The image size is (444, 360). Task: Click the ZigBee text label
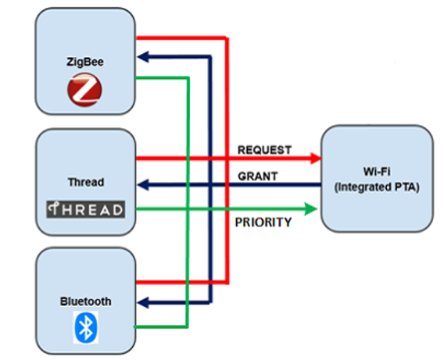[85, 62]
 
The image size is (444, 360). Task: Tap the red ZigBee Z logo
[84, 90]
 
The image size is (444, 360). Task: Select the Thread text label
[86, 182]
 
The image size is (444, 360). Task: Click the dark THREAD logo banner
[85, 209]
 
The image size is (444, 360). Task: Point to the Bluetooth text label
[85, 301]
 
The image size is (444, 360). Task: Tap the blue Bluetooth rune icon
[85, 327]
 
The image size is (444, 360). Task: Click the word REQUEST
[264, 150]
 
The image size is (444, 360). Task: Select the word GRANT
[258, 176]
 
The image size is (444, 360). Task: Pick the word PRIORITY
[263, 223]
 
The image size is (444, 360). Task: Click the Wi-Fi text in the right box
[377, 172]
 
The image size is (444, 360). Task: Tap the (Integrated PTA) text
[377, 187]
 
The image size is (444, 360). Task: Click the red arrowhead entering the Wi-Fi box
[316, 158]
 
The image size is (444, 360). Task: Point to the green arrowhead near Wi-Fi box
[310, 209]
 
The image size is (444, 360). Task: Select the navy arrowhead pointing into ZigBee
[143, 57]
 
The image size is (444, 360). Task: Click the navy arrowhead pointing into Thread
[143, 185]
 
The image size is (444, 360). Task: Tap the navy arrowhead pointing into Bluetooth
[143, 302]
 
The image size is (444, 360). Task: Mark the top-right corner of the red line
[227, 37]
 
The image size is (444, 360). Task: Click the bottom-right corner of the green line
[187, 327]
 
